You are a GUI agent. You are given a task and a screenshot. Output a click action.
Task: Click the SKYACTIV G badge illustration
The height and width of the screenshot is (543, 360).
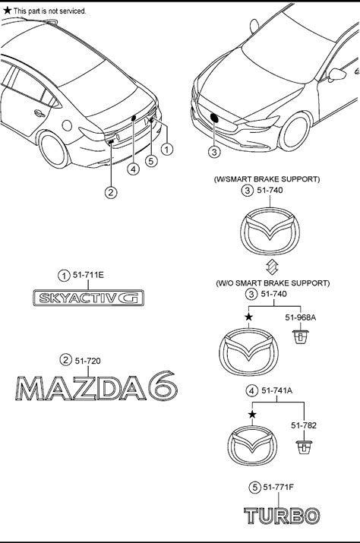click(x=88, y=298)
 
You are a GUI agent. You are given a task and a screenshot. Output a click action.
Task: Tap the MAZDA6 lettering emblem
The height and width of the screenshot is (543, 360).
click(x=96, y=386)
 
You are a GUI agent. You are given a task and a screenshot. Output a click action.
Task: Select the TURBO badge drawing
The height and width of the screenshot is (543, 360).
click(x=282, y=516)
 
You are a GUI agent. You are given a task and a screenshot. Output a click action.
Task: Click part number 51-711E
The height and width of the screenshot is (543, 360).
click(x=88, y=275)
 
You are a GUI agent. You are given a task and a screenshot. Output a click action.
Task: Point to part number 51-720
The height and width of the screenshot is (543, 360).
click(x=87, y=361)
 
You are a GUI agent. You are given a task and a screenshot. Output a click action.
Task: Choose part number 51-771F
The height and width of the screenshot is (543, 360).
click(x=278, y=487)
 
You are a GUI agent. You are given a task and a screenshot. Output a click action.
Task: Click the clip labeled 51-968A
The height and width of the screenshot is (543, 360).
click(x=300, y=336)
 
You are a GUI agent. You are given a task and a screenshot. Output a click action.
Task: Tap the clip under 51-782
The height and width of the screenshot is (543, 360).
click(x=305, y=447)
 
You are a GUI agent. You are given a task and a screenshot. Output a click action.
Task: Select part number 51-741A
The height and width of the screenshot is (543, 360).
click(x=277, y=390)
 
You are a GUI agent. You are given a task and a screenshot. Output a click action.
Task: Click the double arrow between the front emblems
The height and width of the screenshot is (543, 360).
click(x=271, y=267)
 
